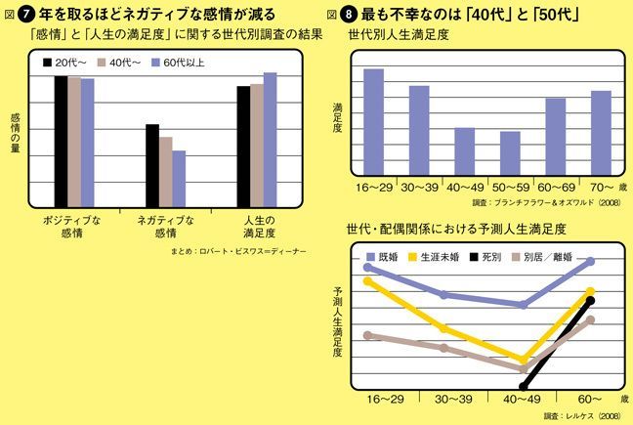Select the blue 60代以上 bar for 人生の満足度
point(271,138)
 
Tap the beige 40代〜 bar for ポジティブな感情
point(74,140)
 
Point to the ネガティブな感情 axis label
point(165,227)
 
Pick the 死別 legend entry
point(488,257)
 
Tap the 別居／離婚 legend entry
point(550,257)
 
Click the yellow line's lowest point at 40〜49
point(524,360)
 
